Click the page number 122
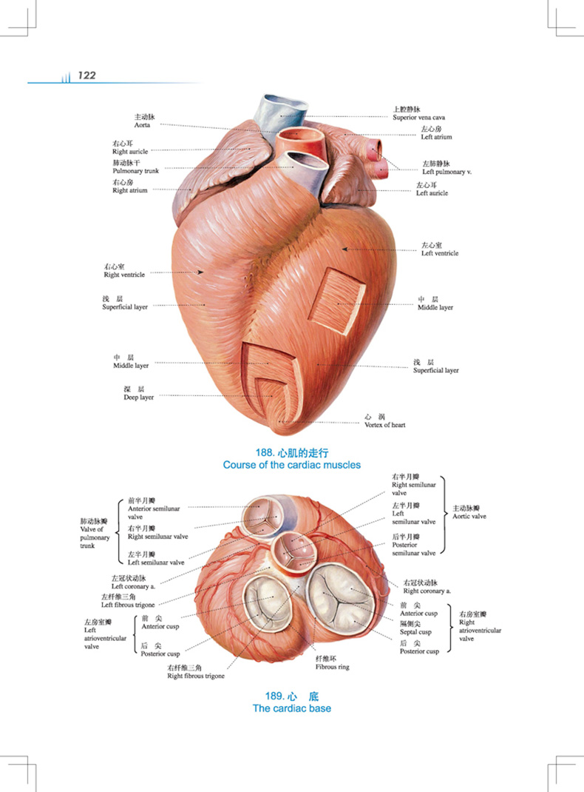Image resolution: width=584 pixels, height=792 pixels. (x=86, y=75)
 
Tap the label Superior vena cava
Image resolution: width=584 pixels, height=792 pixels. (x=418, y=117)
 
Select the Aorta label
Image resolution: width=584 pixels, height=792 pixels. (x=142, y=125)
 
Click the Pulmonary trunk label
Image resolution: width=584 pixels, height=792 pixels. (x=136, y=171)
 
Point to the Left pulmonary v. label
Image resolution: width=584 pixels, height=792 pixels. (x=447, y=172)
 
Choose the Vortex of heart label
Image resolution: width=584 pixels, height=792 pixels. (x=385, y=425)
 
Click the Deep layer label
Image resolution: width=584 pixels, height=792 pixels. (x=139, y=397)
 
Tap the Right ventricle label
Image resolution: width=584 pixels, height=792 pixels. (x=124, y=275)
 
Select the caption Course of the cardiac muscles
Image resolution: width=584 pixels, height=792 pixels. (x=292, y=465)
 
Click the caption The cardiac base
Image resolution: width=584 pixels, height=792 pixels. (x=292, y=708)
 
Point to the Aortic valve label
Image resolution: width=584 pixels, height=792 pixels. (x=469, y=516)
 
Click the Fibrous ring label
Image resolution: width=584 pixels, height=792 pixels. (x=333, y=667)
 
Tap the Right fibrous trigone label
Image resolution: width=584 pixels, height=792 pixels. (x=196, y=676)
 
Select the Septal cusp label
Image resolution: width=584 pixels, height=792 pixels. (x=415, y=632)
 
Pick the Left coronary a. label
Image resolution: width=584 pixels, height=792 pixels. (x=133, y=586)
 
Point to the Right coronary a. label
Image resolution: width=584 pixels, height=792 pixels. (x=427, y=591)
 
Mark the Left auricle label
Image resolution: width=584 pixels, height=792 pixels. (x=432, y=193)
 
